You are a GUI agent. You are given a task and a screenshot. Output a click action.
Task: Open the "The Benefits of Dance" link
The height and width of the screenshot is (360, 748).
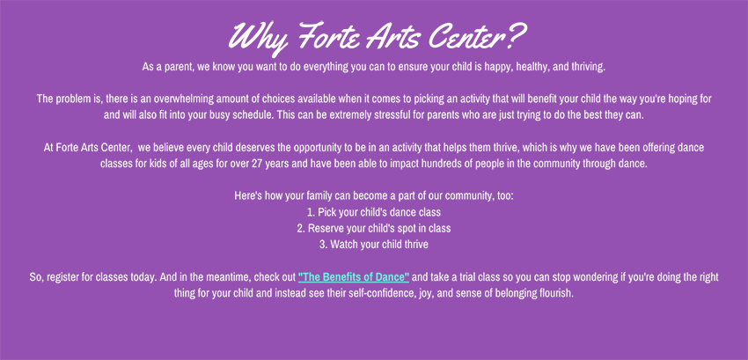354,277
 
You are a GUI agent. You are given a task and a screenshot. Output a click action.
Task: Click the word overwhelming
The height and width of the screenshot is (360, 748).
184,99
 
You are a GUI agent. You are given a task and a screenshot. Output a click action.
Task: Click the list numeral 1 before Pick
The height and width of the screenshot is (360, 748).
311,212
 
